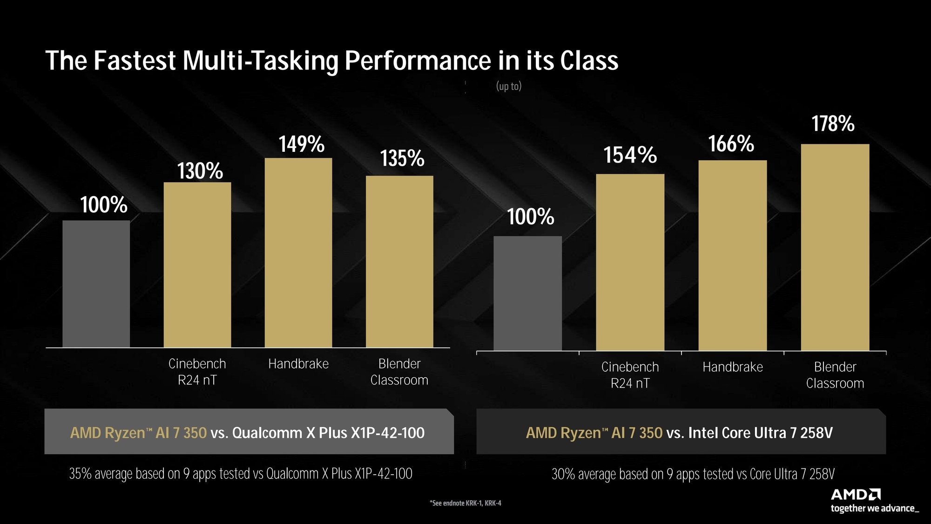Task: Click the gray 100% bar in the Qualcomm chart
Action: tap(96, 284)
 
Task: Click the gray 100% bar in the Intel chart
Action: tap(528, 293)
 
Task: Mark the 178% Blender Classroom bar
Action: tap(835, 247)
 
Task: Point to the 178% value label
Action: tap(833, 124)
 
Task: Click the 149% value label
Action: tap(302, 144)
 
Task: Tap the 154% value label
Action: tap(630, 155)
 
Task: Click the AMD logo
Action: tap(856, 494)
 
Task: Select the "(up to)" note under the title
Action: tap(509, 86)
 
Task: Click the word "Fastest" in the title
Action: tap(135, 61)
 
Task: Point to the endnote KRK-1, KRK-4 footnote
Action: tap(465, 503)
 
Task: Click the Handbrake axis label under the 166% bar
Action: tap(733, 367)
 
